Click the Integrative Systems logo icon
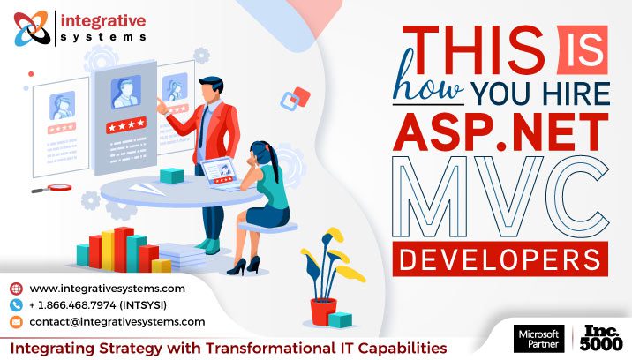pyautogui.click(x=33, y=27)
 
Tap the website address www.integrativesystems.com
pyautogui.click(x=107, y=289)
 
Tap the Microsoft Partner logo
pyautogui.click(x=538, y=338)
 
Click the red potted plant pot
pyautogui.click(x=323, y=311)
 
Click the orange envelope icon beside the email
pyautogui.click(x=16, y=322)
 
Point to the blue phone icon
pyautogui.click(x=16, y=305)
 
